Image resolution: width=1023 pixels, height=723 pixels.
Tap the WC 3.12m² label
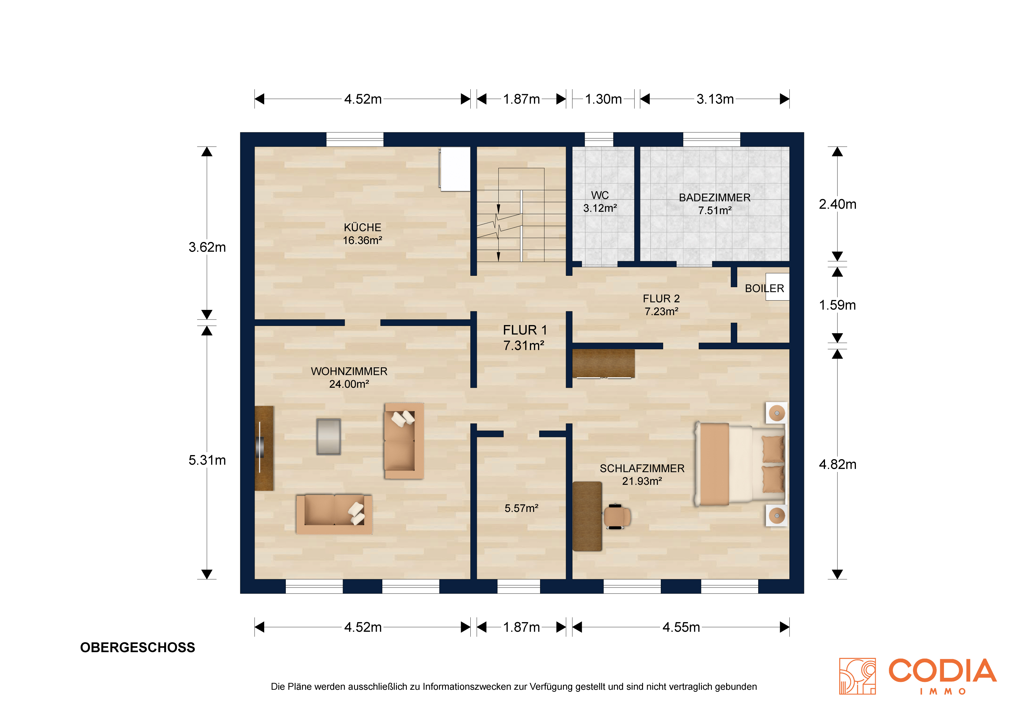coord(600,202)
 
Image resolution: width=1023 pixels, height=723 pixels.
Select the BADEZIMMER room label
coord(715,198)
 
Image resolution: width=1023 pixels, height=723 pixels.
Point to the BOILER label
coord(765,288)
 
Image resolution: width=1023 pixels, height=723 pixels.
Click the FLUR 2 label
coord(661,299)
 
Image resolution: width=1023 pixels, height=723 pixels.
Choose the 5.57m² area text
coord(521,508)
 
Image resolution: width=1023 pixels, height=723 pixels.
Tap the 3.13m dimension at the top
coord(715,99)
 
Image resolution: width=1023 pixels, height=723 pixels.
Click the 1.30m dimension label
coord(603,99)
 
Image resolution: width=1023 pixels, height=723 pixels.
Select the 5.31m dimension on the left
coord(207,460)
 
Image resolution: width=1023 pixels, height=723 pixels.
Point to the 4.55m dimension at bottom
coord(681,627)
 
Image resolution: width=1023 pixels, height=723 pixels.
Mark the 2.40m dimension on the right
coord(838,204)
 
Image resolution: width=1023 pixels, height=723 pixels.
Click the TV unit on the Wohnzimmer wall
coord(264,448)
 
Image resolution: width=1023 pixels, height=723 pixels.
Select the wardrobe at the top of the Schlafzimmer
coord(603,364)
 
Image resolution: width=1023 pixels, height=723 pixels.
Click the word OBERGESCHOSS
coord(138,647)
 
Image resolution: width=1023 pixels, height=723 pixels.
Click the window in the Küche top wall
coord(355,139)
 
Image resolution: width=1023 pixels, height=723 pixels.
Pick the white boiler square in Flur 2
coord(777,287)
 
